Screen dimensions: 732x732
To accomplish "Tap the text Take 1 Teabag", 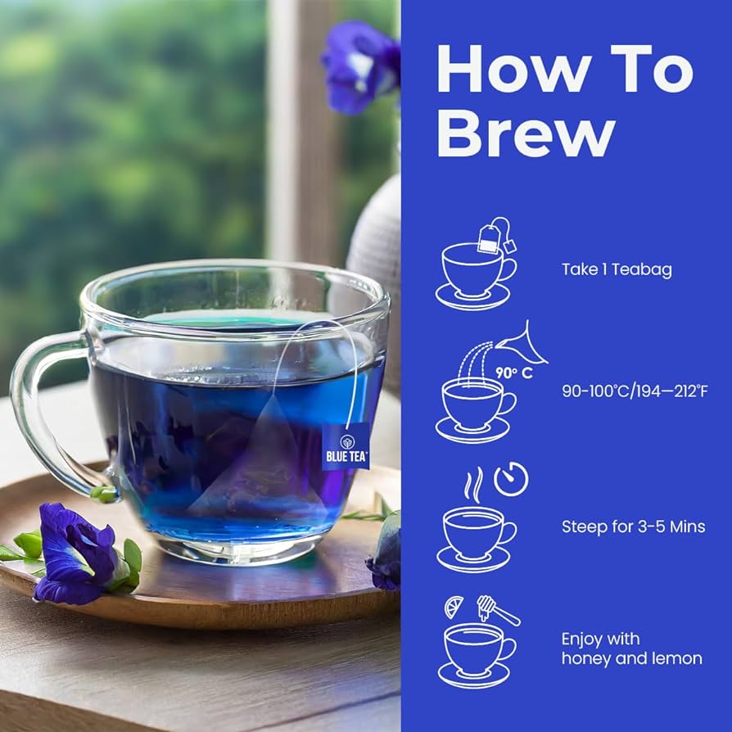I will [617, 270].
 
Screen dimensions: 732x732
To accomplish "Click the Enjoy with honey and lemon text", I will [631, 648].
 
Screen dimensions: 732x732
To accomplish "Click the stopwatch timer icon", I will [511, 479].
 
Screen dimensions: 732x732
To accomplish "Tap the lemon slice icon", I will [454, 607].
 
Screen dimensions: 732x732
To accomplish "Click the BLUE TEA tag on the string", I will [346, 447].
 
